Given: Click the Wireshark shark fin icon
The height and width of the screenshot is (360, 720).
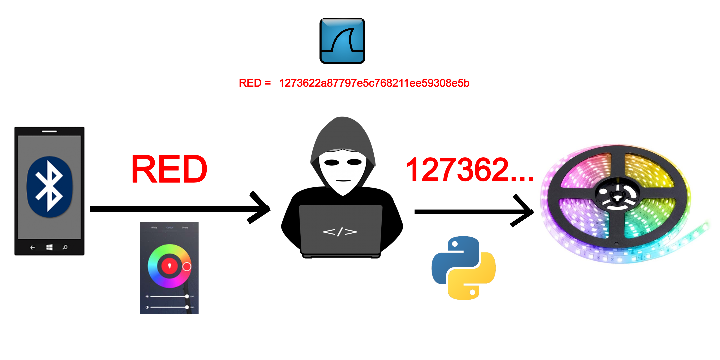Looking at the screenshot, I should pos(342,41).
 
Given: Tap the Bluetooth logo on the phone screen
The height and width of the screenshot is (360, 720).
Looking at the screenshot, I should pos(49,187).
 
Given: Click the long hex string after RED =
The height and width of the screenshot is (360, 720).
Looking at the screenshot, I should pos(374,83).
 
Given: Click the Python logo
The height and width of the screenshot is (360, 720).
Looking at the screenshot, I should pos(464,268).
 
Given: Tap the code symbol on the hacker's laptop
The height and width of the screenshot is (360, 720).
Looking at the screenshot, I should pos(340,232).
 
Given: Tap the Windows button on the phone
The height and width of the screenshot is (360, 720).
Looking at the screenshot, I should pos(49,247).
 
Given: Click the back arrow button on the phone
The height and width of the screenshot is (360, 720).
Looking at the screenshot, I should pos(32,247).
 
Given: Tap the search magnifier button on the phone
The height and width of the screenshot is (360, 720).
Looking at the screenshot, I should pos(65,247).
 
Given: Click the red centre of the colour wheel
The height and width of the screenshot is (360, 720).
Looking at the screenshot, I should pos(169,266).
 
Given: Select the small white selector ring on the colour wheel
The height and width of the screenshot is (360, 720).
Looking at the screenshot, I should pos(187,267).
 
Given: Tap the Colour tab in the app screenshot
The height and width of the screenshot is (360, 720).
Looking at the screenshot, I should pos(170,228).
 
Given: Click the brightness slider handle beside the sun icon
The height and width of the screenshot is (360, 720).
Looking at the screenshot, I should pos(187,296).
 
